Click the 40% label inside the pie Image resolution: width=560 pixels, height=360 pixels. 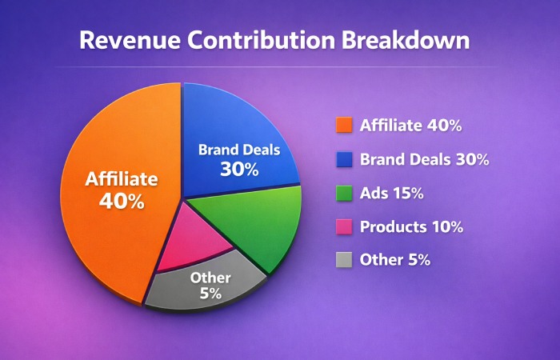(122, 201)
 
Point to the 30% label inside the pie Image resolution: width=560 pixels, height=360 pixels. (239, 169)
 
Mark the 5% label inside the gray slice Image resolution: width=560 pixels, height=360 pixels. (210, 294)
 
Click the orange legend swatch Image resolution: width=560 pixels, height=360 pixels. (345, 126)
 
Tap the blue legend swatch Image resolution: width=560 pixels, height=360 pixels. (345, 159)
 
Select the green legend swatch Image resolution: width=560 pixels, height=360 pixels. (345, 193)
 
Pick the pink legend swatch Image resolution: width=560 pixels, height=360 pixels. (345, 226)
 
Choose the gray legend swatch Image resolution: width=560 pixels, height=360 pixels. (345, 260)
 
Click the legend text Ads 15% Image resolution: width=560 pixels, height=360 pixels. (392, 193)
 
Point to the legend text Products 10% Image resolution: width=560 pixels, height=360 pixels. (411, 226)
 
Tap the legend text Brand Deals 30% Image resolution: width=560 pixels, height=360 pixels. (424, 159)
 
